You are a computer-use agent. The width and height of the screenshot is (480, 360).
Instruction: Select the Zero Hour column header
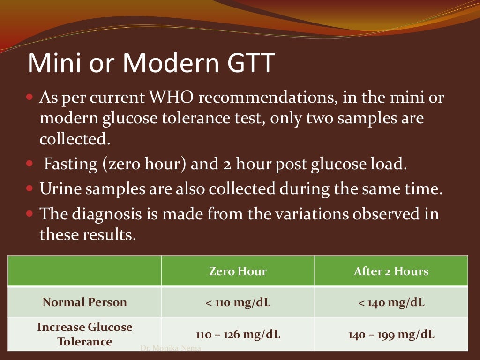pyautogui.click(x=238, y=271)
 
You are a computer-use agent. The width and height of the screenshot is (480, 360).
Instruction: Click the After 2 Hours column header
pyautogui.click(x=391, y=271)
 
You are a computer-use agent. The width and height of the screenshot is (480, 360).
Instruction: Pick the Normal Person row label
pyautogui.click(x=85, y=302)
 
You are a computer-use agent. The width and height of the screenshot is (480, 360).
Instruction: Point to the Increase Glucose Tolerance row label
pyautogui.click(x=85, y=334)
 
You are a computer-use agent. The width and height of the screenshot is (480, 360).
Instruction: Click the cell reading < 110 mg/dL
pyautogui.click(x=238, y=302)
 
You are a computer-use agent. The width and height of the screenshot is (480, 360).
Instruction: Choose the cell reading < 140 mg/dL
pyautogui.click(x=391, y=302)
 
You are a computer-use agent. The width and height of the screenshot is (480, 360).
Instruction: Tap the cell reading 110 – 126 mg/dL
pyautogui.click(x=238, y=335)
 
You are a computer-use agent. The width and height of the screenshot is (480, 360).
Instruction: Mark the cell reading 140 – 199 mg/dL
pyautogui.click(x=391, y=335)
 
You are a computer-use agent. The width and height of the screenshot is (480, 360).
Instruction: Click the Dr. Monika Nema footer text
pyautogui.click(x=171, y=348)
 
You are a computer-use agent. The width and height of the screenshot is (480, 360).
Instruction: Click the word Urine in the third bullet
pyautogui.click(x=58, y=190)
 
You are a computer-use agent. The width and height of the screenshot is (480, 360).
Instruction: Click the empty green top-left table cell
pyautogui.click(x=85, y=271)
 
